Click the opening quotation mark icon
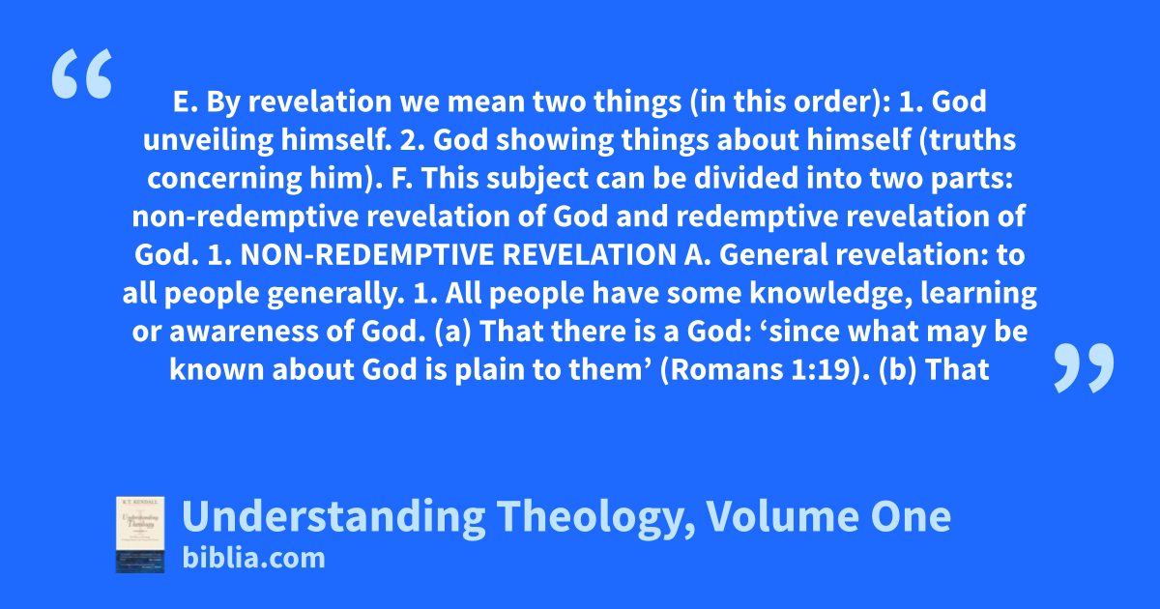pyautogui.click(x=82, y=73)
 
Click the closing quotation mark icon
pyautogui.click(x=1084, y=367)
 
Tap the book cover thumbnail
pyautogui.click(x=140, y=535)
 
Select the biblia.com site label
pyautogui.click(x=253, y=558)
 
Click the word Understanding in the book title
pyautogui.click(x=333, y=517)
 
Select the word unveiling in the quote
pyautogui.click(x=208, y=140)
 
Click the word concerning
pyautogui.click(x=224, y=179)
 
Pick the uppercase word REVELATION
pyautogui.click(x=590, y=255)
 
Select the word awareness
pyautogui.click(x=244, y=332)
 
